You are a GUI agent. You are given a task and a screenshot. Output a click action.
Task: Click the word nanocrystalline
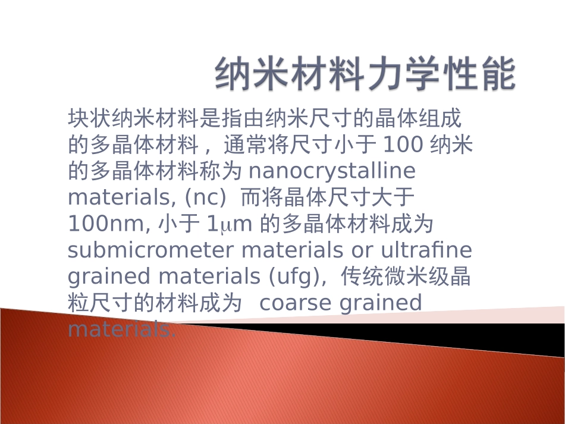point(332,171)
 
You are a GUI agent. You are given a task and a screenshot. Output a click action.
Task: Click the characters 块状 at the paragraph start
point(89,118)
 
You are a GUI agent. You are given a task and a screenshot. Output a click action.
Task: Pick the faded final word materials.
point(122,329)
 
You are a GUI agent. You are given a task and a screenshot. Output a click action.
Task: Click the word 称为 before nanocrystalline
point(221,171)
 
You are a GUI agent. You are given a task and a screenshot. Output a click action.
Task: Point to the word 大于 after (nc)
point(393,197)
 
